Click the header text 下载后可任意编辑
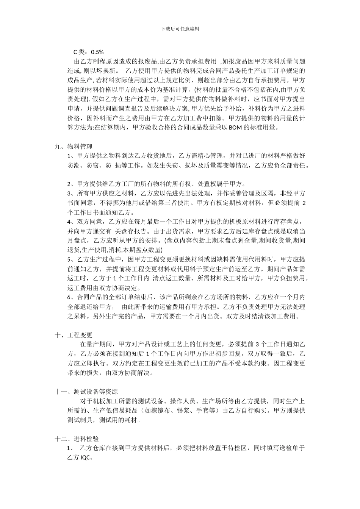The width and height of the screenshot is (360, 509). [180, 28]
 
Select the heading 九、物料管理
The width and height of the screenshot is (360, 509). [74, 147]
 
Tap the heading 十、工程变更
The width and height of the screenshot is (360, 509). [74, 335]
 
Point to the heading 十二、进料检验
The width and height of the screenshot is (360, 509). [77, 439]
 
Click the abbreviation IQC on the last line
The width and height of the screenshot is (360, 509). [86, 457]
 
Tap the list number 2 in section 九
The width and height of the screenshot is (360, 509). [69, 184]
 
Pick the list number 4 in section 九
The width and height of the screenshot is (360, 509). [69, 222]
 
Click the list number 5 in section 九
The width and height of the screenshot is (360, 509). [69, 259]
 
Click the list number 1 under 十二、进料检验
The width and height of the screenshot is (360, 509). [69, 448]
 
